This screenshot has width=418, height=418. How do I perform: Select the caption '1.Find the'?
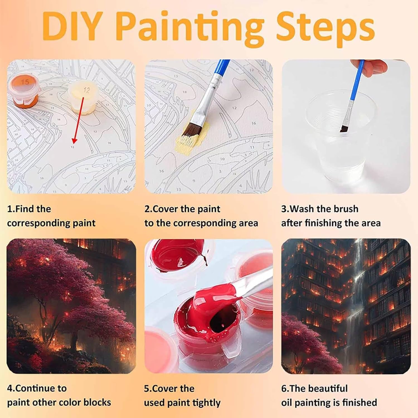pyautogui.click(x=29, y=209)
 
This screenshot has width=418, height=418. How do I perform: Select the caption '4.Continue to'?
pyautogui.click(x=37, y=388)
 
